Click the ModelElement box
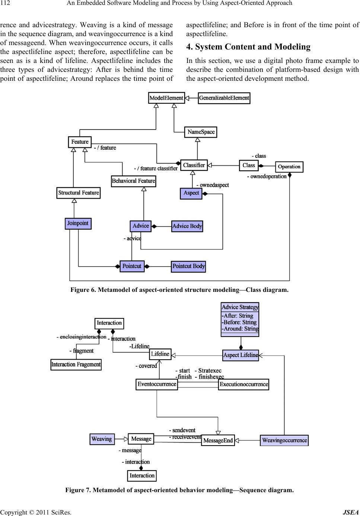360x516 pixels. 166,98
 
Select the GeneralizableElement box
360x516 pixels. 224,98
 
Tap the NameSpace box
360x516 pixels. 201,132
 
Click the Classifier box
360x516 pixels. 194,165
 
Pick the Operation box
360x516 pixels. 289,166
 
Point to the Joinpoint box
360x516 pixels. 78,223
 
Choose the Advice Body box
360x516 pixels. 187,226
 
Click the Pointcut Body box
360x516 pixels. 188,266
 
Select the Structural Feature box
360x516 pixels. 79,193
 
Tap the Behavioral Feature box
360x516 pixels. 133,181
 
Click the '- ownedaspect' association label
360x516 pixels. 212,185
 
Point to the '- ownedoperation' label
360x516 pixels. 267,176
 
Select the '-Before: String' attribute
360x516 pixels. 239,322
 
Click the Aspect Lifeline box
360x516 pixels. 240,355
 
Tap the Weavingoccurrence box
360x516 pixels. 284,440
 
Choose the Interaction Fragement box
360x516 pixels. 76,364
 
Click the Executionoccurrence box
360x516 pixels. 243,384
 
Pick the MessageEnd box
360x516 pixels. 218,440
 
